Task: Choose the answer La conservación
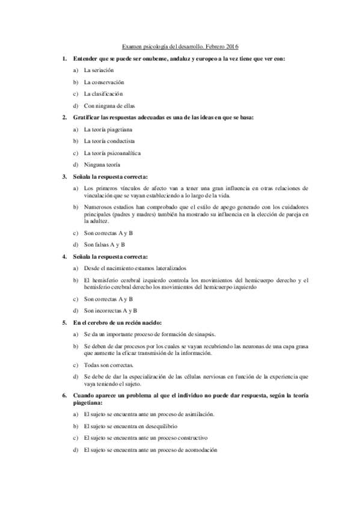[x=104, y=82]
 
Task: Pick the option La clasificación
[x=103, y=94]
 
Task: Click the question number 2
[x=64, y=117]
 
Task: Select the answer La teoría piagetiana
[x=108, y=129]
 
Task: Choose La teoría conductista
[x=109, y=141]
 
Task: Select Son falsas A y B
[x=105, y=245]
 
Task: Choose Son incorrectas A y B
[x=111, y=310]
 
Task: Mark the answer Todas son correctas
[x=109, y=365]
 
